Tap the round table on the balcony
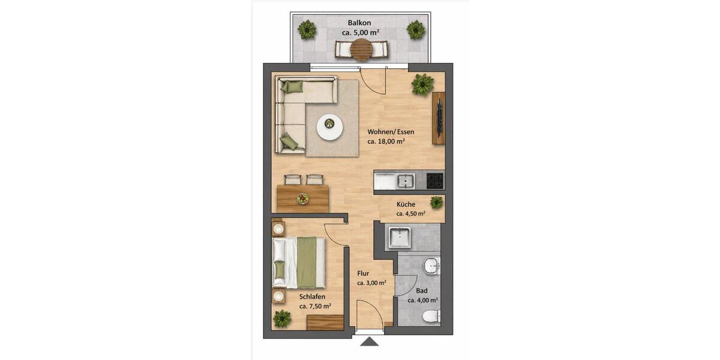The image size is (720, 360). (362, 49)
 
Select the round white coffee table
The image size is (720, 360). (329, 127)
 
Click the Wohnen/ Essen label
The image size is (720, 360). (391, 132)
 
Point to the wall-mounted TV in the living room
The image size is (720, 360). (439, 118)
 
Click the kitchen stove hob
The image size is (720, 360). (435, 179)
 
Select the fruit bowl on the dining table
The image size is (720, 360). (303, 198)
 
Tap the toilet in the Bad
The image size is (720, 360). (430, 315)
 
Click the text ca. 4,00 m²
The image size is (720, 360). (422, 301)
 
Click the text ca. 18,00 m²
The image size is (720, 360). (386, 142)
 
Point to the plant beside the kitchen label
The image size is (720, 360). (436, 202)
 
